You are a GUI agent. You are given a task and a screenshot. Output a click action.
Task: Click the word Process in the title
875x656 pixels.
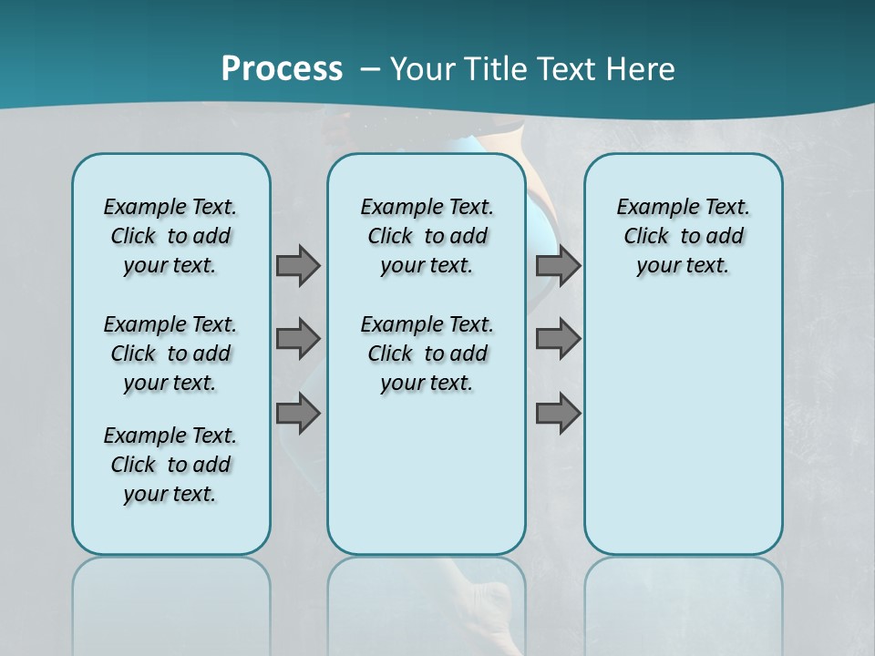(282, 68)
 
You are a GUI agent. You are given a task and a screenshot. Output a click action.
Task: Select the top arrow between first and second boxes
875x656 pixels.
(298, 265)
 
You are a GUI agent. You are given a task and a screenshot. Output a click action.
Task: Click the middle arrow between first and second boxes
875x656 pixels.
(298, 339)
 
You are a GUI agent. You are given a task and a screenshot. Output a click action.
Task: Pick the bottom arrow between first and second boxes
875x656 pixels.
(298, 414)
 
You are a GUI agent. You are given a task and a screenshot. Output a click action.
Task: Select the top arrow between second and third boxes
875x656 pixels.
(558, 265)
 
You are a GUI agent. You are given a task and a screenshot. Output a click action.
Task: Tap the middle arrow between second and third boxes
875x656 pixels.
(558, 339)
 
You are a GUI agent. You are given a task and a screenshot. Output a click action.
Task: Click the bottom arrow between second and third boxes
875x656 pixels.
(558, 414)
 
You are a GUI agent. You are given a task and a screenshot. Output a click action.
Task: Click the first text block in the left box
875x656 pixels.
(170, 236)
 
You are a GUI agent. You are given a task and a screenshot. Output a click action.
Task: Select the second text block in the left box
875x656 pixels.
(170, 354)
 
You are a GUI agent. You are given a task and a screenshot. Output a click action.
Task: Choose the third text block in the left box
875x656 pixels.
(170, 465)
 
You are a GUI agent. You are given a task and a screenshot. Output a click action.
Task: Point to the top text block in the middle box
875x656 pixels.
(427, 236)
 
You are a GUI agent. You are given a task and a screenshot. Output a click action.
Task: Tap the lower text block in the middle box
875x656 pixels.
(427, 354)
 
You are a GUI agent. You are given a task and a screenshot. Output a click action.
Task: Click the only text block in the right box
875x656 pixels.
(683, 236)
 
